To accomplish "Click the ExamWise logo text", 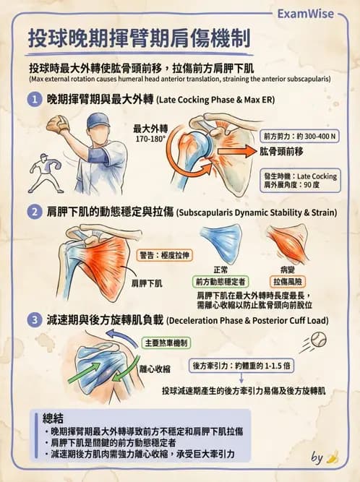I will coord(313,13).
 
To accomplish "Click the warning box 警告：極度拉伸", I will coord(163,254).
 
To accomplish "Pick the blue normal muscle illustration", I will coord(222,243).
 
